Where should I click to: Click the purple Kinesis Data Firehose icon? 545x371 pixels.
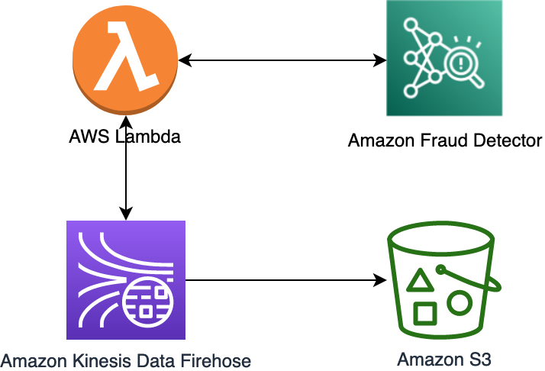point(126,280)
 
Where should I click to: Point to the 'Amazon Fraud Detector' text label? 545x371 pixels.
point(444,141)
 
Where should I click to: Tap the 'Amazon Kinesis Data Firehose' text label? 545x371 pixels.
point(126,359)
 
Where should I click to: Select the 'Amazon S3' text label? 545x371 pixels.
point(444,359)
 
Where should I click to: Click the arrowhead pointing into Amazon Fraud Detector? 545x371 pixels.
point(379,60)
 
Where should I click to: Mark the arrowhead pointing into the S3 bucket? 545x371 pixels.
point(379,281)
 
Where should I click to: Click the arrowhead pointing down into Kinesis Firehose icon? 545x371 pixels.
point(125,213)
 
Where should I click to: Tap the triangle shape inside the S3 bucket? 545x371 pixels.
point(418,282)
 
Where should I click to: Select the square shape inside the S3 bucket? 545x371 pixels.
point(424,313)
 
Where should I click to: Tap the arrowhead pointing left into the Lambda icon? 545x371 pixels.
point(183,60)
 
